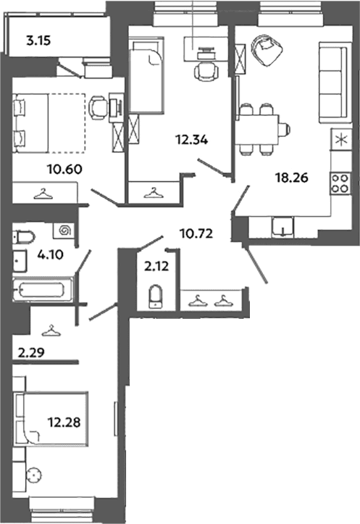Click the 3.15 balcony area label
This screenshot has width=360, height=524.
[38, 41]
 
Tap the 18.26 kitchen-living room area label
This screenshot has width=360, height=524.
[291, 178]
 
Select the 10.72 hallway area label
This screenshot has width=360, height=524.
[196, 233]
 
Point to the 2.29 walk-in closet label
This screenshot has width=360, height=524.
[31, 352]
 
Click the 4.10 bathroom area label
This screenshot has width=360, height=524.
[51, 255]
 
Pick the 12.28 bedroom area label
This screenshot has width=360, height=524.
[64, 423]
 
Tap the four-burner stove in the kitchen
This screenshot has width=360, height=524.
[340, 183]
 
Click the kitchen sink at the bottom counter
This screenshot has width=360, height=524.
[282, 227]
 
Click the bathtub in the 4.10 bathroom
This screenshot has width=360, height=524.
[42, 289]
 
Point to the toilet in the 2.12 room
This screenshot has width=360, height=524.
[155, 296]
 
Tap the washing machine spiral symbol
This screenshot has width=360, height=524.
[63, 230]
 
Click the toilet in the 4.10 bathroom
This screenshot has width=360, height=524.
[24, 237]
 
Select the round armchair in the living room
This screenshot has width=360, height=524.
[266, 50]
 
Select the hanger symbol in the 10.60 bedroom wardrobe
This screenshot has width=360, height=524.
[43, 194]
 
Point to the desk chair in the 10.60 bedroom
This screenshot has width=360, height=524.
[99, 107]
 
